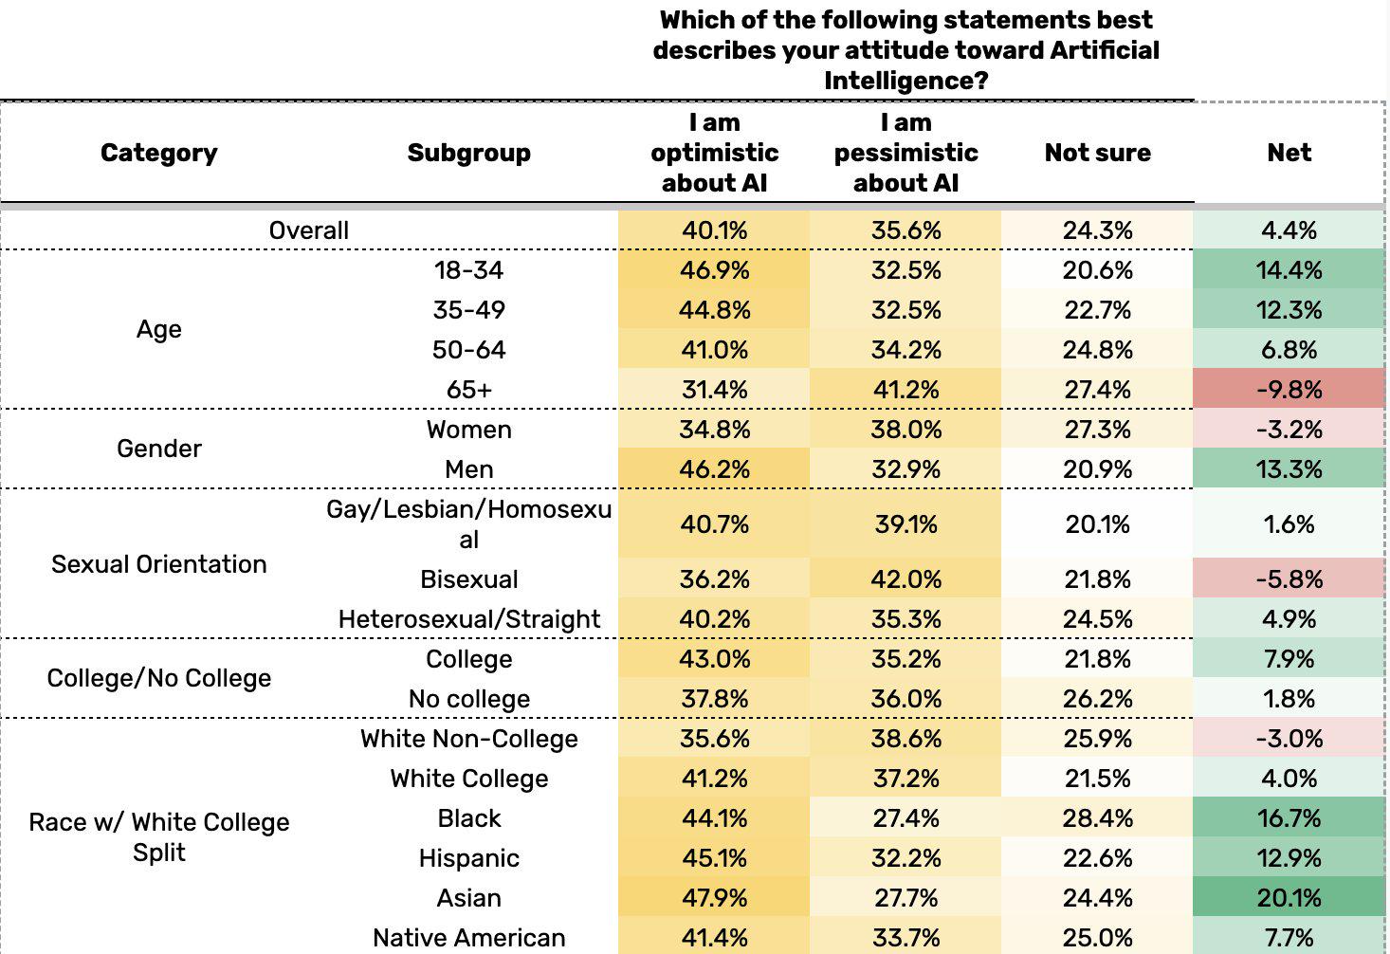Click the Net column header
[1289, 153]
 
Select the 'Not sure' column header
[1097, 153]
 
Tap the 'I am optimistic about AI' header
[714, 153]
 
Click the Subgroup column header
[468, 153]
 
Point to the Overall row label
[308, 230]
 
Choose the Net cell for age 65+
[1289, 390]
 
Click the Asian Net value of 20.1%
[1289, 898]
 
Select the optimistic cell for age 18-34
[714, 270]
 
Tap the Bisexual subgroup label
[468, 579]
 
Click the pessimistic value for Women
[905, 430]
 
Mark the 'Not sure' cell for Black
[1097, 818]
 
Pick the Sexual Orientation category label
[158, 564]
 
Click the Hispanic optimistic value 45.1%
[714, 858]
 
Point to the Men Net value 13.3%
[1289, 469]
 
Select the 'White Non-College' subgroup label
[468, 739]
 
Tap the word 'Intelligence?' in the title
[905, 81]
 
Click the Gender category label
[158, 449]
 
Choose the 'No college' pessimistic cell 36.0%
[905, 699]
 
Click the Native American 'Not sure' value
[1097, 938]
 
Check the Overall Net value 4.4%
[1289, 230]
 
